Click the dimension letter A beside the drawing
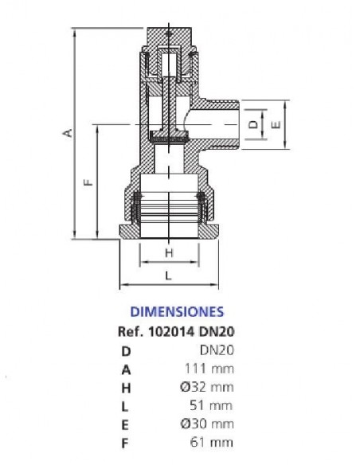[x=68, y=132]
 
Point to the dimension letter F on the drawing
[x=88, y=182]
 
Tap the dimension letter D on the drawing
[x=253, y=124]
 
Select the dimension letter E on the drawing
[x=276, y=124]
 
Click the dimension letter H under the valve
[x=169, y=253]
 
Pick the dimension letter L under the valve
[x=168, y=275]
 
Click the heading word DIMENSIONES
[x=177, y=311]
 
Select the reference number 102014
[x=172, y=331]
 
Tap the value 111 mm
[x=209, y=369]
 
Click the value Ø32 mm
[x=207, y=387]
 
